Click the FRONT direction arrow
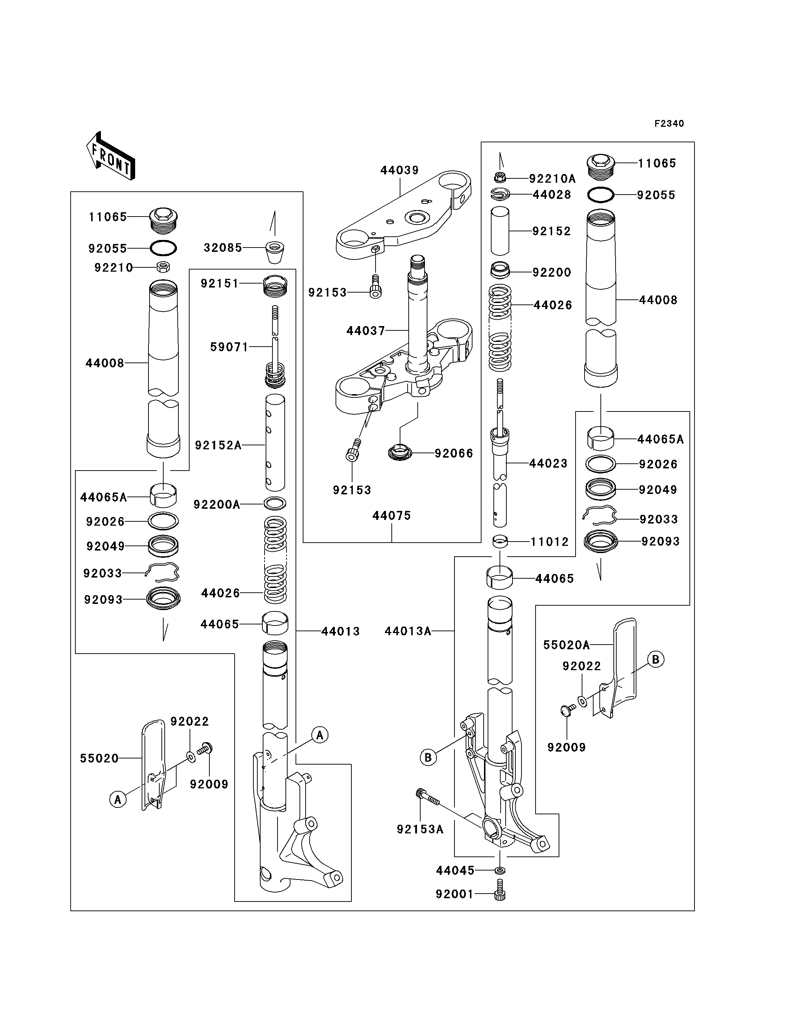click(111, 156)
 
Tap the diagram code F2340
click(669, 124)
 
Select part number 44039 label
click(399, 170)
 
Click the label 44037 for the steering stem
click(365, 331)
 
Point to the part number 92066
click(453, 453)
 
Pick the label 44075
click(392, 516)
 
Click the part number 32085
click(222, 248)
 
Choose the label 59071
click(229, 347)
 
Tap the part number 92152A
click(218, 445)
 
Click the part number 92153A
click(420, 829)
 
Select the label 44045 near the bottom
click(455, 870)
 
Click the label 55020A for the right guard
click(566, 645)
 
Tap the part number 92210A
click(552, 179)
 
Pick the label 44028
click(551, 195)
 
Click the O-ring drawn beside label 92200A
click(275, 504)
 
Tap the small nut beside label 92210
click(163, 267)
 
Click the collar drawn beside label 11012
click(500, 542)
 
